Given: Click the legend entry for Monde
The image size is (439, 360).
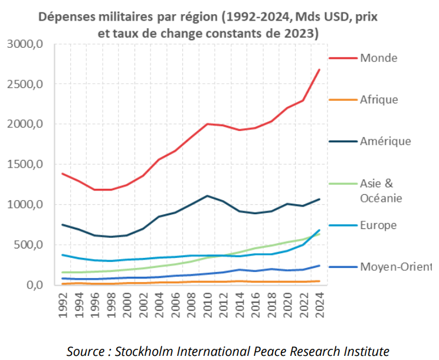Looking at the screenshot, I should (378, 58).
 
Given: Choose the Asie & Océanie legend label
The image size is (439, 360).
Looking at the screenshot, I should (381, 191).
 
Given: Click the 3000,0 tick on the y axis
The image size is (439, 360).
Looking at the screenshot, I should (25, 44).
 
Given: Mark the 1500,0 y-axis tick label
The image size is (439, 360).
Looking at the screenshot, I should (25, 165).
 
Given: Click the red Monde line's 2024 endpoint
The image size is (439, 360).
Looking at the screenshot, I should (319, 70).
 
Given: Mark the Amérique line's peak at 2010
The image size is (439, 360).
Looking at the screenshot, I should (208, 196).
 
